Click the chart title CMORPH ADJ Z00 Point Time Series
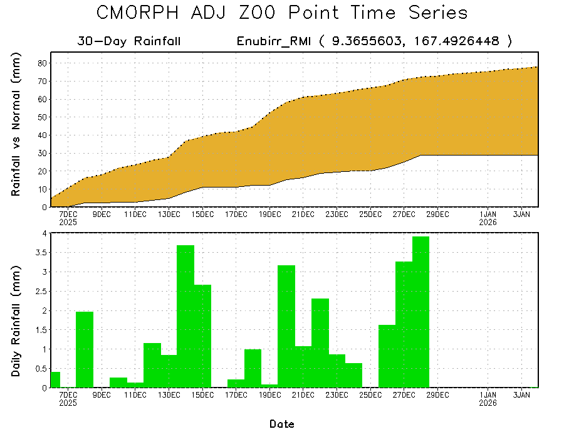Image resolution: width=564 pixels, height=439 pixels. [282, 13]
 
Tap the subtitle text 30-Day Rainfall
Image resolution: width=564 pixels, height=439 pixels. [129, 41]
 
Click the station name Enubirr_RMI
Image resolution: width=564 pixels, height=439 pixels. [274, 41]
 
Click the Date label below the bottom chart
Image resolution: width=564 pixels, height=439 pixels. [282, 424]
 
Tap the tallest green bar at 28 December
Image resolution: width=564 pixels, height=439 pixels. [420, 312]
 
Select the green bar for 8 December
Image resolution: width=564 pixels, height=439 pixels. [85, 349]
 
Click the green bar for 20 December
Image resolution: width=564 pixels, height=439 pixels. [286, 326]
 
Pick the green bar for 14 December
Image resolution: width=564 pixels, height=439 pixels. [185, 316]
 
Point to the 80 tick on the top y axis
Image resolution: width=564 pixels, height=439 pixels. [43, 63]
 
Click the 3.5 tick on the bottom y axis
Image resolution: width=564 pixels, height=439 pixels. [40, 252]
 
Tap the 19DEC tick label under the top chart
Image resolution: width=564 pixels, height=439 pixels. [269, 214]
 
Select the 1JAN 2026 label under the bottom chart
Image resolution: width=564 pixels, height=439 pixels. [488, 398]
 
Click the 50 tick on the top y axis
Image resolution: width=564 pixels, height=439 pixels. [43, 117]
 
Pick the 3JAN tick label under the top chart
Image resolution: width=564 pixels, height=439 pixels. [522, 214]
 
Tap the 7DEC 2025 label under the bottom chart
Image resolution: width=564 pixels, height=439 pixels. [68, 398]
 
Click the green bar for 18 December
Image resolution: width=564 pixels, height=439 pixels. [253, 368]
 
